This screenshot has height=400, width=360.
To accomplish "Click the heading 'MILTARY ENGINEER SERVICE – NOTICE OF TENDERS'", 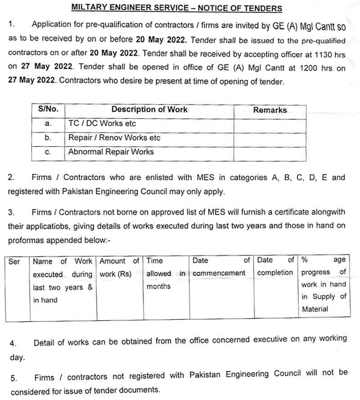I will [x=176, y=8].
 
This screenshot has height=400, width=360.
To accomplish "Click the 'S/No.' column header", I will [x=48, y=109].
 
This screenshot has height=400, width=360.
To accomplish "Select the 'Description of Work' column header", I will [x=149, y=109].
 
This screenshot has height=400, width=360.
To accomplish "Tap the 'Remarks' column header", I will [x=270, y=110].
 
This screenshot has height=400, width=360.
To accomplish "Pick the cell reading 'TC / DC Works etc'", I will [x=102, y=123].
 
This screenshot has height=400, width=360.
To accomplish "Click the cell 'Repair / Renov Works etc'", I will [x=114, y=138].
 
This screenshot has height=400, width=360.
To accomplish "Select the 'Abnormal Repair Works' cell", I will [x=111, y=152].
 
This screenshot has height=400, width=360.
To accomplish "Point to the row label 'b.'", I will [x=48, y=138].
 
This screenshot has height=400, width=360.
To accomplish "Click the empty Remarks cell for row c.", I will [x=270, y=153].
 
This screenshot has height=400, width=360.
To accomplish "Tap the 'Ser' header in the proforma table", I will [x=14, y=261].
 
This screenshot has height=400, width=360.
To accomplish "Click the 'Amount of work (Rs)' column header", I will [x=119, y=267].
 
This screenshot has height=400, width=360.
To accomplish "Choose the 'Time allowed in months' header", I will [x=166, y=273].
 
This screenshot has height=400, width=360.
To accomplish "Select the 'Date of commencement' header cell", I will [x=221, y=267].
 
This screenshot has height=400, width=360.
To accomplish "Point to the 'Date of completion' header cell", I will [x=275, y=266].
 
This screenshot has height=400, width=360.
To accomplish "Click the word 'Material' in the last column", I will [x=315, y=309].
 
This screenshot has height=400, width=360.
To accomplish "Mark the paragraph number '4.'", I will [x=13, y=344].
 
